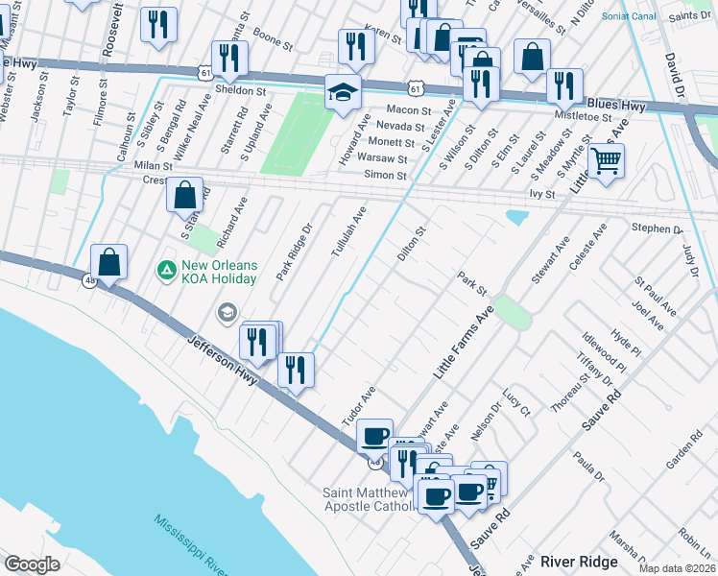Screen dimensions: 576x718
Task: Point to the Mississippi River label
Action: tap(188, 543)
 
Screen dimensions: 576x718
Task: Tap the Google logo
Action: tap(33, 564)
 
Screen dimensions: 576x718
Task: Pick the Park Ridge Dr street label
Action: tap(295, 252)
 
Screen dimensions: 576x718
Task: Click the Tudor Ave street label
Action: tap(357, 408)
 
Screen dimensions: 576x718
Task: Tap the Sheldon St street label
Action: tap(240, 90)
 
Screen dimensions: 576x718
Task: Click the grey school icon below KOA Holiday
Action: tap(227, 311)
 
